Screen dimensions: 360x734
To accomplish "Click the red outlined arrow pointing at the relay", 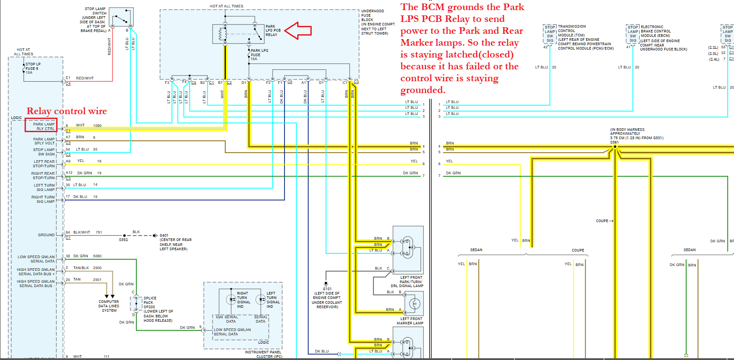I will click(298, 31).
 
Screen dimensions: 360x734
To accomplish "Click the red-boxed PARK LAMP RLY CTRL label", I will click(41, 126).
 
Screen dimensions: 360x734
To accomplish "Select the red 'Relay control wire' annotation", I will click(67, 111).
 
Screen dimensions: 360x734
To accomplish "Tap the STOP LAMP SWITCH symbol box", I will click(121, 18).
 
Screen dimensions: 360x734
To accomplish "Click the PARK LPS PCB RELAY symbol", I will click(238, 33).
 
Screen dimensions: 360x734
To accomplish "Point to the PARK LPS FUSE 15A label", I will click(259, 55).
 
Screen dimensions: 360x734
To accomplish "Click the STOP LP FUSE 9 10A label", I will click(32, 68).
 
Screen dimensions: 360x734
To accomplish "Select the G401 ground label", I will click(164, 235).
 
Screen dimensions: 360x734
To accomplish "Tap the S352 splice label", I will click(123, 240).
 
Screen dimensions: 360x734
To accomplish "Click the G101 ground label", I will click(327, 289).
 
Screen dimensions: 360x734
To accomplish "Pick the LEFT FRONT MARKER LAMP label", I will click(410, 321).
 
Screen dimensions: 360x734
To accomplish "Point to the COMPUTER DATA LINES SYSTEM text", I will click(109, 306).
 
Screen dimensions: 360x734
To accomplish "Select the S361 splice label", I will click(614, 142).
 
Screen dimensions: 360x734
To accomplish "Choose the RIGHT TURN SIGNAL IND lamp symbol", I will click(231, 299).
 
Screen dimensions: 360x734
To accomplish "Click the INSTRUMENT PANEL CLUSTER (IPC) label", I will click(263, 354).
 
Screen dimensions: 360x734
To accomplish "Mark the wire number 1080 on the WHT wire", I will click(97, 126).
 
